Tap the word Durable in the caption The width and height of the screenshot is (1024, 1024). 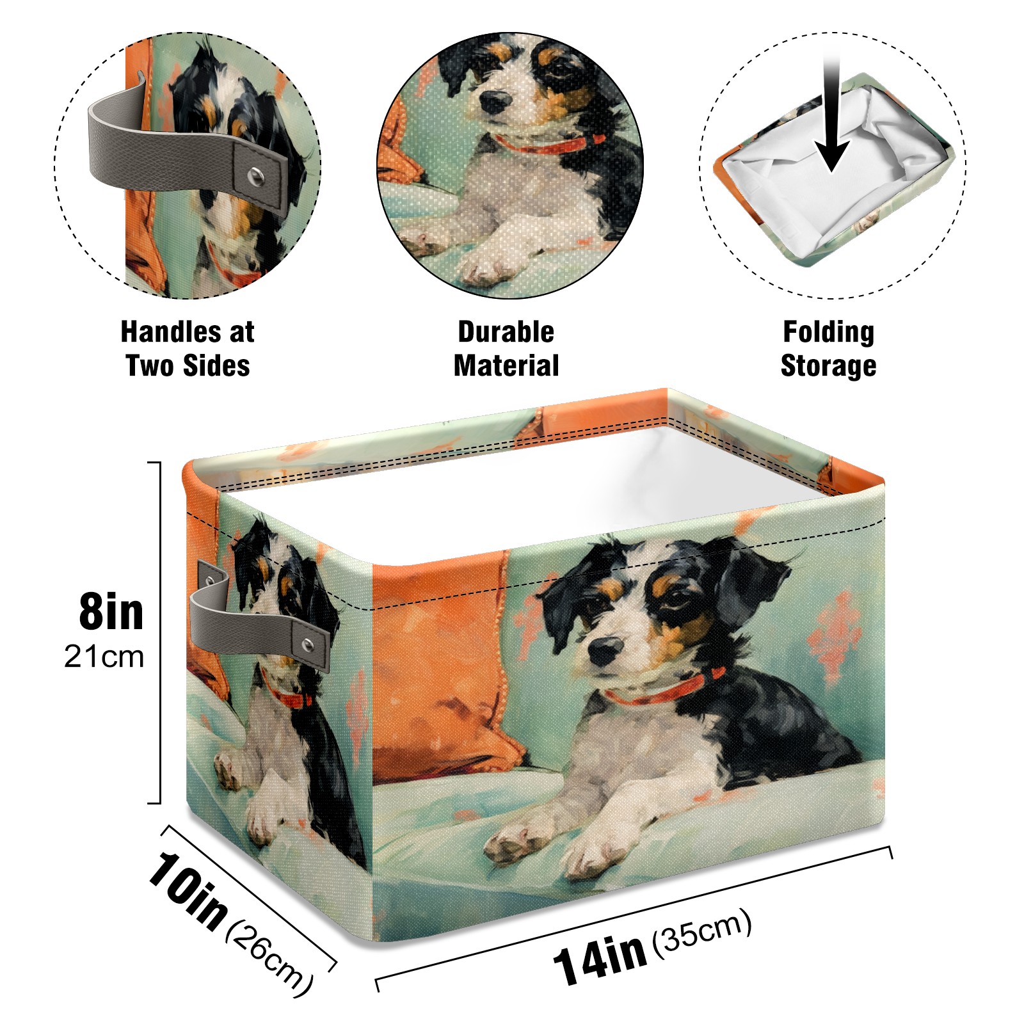point(506,332)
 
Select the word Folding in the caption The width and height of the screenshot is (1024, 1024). point(829,332)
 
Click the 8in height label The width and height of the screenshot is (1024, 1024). point(111,612)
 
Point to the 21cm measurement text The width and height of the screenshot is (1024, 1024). point(104,657)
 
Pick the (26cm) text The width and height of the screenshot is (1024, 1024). point(269,957)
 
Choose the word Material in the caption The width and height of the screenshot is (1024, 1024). point(506,365)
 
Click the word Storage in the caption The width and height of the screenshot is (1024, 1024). point(829,366)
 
